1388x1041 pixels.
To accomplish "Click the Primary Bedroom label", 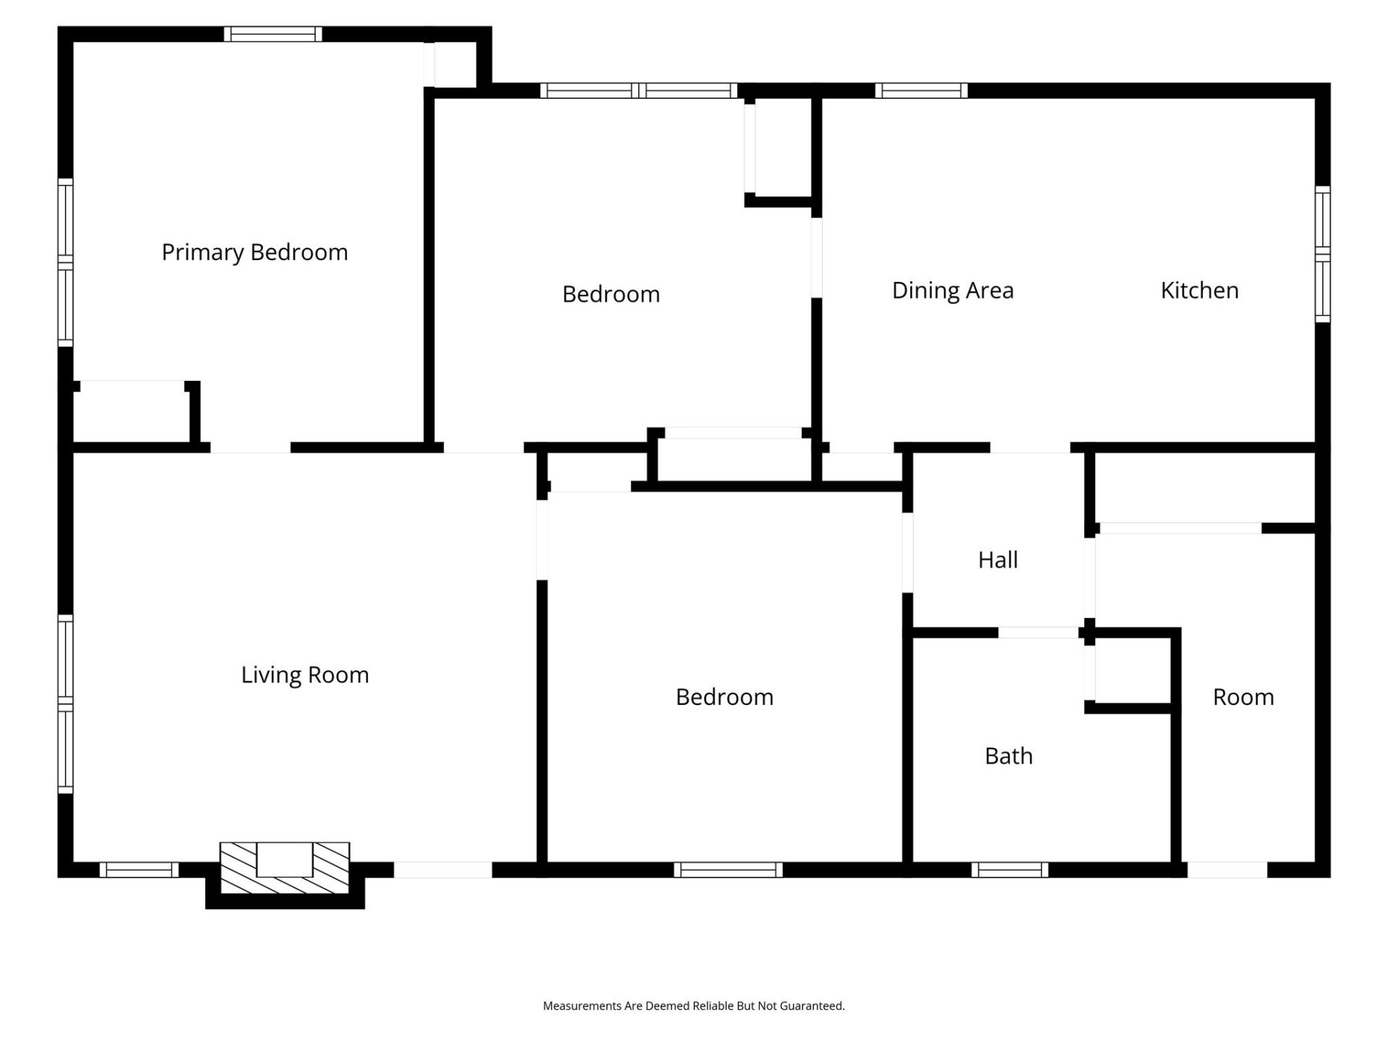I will [254, 252].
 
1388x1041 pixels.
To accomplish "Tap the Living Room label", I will [304, 674].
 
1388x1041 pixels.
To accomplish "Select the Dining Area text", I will [952, 291].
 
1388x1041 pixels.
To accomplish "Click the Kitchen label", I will [1199, 291].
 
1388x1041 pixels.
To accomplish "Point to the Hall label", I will [998, 560].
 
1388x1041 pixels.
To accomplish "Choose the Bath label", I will [1008, 756].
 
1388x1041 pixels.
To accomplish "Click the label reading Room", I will [1243, 697].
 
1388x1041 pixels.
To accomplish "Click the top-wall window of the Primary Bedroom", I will [273, 34].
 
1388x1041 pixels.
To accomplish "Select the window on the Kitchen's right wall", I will [1322, 254].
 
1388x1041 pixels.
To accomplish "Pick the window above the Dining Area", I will [921, 90].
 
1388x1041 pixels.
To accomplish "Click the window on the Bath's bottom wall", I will [1010, 870].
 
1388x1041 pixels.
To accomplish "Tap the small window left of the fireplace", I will [139, 870].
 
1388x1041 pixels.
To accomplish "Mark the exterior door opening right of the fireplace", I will [442, 870].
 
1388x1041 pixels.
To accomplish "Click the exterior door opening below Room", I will [1227, 870].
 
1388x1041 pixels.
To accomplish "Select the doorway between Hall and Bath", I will [1038, 633].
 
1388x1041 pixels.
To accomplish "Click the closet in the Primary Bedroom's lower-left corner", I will [132, 412].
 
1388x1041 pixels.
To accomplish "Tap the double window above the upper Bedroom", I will [638, 90].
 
